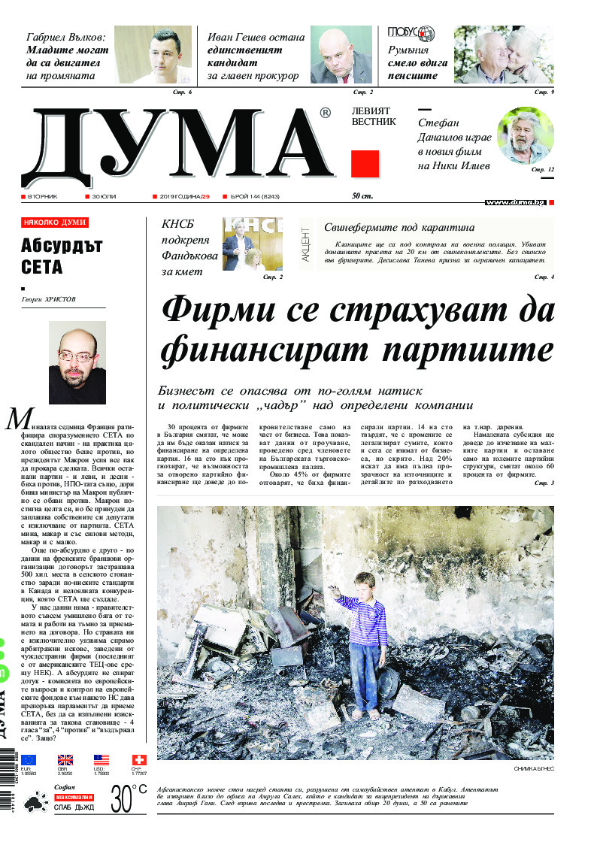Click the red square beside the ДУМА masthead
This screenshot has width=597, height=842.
pos(365,164)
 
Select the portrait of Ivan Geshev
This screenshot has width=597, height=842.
pos(341,56)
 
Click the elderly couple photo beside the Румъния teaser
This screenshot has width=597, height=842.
pos(504,56)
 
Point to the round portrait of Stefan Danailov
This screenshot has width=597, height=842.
pos(525,135)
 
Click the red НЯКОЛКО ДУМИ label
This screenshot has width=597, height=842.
pos(55,223)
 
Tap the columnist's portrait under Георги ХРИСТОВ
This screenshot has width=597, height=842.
pos(77,363)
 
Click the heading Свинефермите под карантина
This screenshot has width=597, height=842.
pos(399,227)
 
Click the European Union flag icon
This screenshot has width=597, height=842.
pos(29,760)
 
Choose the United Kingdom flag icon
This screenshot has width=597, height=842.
pos(65,760)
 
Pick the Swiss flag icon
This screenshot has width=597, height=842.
pos(138,760)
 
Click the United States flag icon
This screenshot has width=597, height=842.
pos(102,760)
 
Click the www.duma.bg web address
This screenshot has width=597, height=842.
pos(515,202)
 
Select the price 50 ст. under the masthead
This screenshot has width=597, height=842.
pos(362,197)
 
